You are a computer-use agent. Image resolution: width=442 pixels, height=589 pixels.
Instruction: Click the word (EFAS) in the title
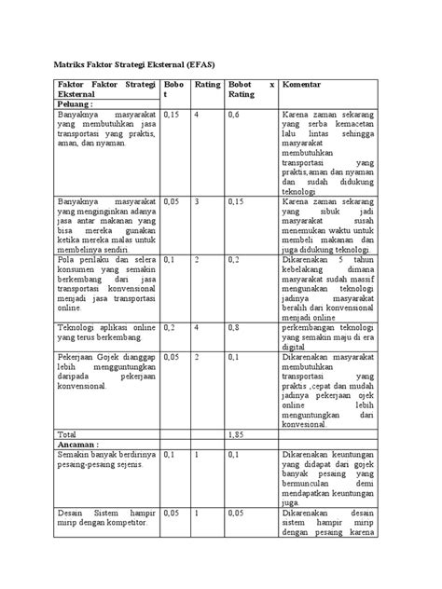(x=242, y=65)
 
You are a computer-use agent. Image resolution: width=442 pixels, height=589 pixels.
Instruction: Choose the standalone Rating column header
(x=207, y=84)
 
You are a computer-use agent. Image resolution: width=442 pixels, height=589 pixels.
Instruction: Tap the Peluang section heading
(x=77, y=105)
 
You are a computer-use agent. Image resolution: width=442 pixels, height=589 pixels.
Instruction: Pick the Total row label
(x=67, y=434)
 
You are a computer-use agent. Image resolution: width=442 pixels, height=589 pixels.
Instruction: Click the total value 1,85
(x=238, y=434)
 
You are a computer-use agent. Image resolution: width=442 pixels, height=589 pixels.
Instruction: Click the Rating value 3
(x=198, y=200)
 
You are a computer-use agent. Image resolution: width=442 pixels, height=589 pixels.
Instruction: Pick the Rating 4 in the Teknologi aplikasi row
(x=198, y=328)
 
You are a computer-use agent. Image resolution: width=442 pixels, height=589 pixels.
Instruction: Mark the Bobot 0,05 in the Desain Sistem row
(x=171, y=513)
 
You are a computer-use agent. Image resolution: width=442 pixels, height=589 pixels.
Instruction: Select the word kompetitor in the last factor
(x=122, y=523)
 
